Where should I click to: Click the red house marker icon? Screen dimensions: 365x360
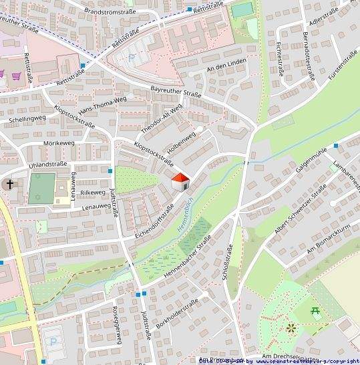coord(180,181)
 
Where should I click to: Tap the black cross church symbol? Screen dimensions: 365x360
coord(10,184)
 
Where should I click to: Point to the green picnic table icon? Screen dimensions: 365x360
coord(315,310)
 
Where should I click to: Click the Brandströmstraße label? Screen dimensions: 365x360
coord(110,11)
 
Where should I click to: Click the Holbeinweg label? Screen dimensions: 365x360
coord(182,144)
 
